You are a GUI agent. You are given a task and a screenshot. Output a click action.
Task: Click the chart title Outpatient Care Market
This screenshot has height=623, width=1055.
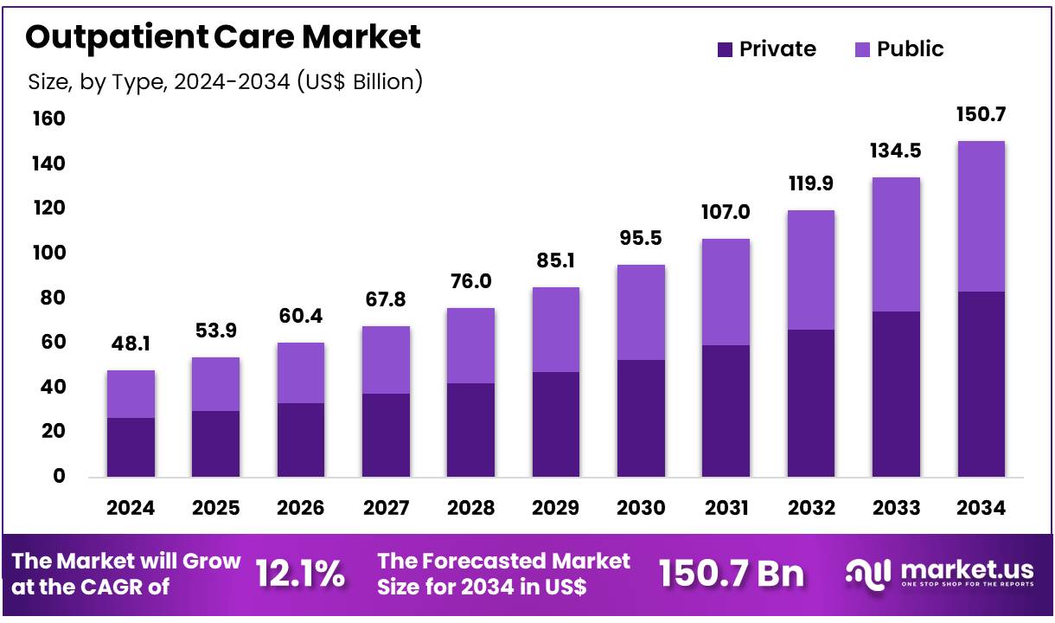(x=223, y=37)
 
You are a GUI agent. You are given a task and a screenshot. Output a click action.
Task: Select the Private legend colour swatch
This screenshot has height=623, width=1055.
(x=725, y=50)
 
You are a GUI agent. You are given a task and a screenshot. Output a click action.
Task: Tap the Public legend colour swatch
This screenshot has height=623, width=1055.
(x=862, y=50)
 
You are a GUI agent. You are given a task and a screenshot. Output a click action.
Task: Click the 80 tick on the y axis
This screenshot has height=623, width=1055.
(x=49, y=298)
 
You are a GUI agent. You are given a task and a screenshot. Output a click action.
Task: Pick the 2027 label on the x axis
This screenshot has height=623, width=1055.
(x=386, y=508)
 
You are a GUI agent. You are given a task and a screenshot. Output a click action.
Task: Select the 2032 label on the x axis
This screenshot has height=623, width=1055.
(x=810, y=508)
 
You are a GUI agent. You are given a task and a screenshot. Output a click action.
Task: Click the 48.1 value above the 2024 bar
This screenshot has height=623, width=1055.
(x=131, y=344)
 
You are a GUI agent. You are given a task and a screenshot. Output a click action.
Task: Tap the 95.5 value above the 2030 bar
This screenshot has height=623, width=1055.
(x=641, y=239)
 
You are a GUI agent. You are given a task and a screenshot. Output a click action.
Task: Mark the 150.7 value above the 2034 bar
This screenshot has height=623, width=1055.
(x=981, y=114)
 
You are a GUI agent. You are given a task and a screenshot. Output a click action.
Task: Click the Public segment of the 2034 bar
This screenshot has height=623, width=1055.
(x=981, y=216)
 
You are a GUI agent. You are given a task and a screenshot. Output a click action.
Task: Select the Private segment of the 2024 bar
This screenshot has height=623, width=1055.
(x=131, y=446)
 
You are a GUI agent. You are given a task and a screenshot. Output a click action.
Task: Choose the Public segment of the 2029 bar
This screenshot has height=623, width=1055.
(x=556, y=330)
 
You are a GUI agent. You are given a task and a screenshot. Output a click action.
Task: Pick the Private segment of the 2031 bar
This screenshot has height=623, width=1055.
(x=726, y=410)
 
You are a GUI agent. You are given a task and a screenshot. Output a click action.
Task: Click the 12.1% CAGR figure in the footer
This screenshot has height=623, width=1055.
(x=300, y=574)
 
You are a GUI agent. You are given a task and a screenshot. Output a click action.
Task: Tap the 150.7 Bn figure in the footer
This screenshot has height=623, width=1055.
(x=731, y=574)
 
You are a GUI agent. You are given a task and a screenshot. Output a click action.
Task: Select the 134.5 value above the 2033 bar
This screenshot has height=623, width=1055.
(x=896, y=151)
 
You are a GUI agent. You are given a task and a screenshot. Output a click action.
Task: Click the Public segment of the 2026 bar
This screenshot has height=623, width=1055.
(x=301, y=373)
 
